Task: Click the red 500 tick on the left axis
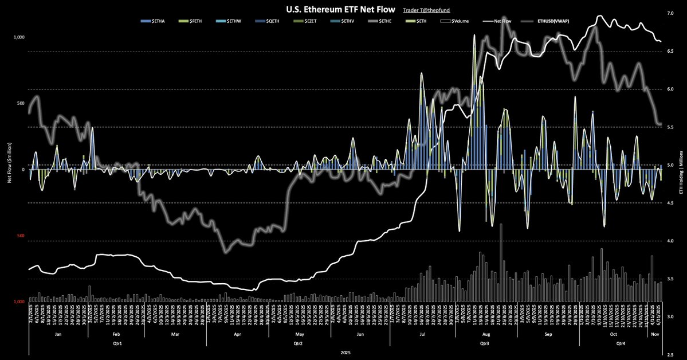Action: point(21,236)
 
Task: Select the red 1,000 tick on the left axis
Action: point(19,302)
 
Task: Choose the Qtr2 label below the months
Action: point(297,343)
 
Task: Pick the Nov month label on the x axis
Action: point(655,333)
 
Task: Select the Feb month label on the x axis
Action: point(115,333)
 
